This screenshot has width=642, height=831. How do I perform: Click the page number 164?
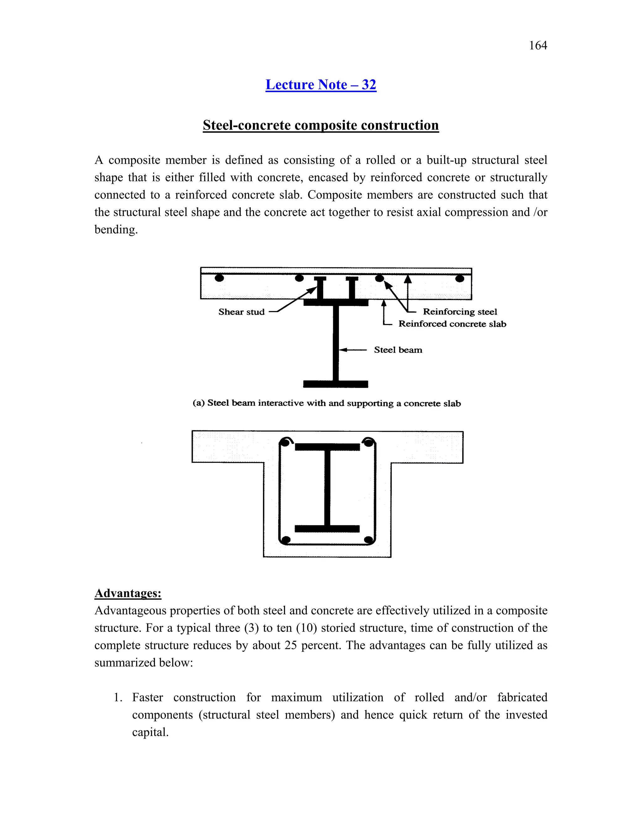coord(538,46)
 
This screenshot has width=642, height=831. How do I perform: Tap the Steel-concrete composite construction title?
coord(321,125)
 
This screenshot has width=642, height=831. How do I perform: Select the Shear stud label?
coord(241,312)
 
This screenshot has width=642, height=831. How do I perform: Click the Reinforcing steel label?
coord(460,312)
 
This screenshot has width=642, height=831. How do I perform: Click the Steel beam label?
coord(398,350)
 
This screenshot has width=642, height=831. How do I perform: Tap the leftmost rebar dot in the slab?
coord(219,278)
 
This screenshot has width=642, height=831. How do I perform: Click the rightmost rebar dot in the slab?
coord(460,278)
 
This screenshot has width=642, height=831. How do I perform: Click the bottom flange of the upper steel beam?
coord(335,384)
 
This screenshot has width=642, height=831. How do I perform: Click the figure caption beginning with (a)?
coord(327,403)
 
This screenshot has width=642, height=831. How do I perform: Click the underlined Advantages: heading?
coord(128,593)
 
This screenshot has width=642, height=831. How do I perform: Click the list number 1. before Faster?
coord(118,697)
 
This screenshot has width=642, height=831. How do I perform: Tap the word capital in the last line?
coord(150,732)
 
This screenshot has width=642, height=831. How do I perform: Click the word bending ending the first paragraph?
coord(115,230)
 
